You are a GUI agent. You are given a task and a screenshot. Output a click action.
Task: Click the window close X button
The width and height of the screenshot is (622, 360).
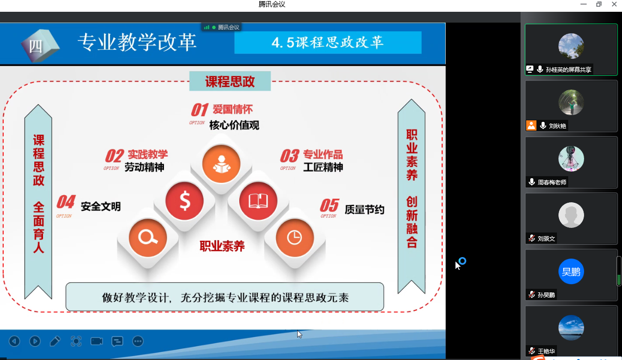[x=614, y=4]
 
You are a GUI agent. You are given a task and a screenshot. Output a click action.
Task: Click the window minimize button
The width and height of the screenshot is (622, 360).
[x=584, y=4]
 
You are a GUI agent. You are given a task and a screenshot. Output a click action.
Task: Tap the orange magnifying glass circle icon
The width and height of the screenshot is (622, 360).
[x=148, y=238]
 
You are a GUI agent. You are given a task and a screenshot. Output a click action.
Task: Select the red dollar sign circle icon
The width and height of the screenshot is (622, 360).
[x=184, y=201]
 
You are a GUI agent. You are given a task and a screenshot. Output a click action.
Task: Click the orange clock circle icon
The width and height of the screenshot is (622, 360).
[x=295, y=238]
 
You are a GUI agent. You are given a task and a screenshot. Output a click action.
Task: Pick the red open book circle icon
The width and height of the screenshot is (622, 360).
[x=258, y=201]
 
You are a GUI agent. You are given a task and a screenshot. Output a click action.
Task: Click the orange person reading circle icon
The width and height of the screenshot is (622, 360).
[x=221, y=164]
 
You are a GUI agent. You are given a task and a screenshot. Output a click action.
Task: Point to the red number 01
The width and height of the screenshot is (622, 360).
[x=199, y=110]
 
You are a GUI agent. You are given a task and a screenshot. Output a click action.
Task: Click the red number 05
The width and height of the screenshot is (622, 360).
[x=329, y=205]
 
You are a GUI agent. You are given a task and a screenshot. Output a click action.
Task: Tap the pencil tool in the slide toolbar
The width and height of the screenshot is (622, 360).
[x=55, y=341]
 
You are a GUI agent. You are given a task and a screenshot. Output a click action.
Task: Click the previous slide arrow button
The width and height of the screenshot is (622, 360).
[x=14, y=341]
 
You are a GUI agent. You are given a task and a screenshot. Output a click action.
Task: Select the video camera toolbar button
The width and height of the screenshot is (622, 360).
[x=97, y=341]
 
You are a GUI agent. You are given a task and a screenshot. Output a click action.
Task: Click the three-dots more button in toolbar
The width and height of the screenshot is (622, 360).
[x=138, y=341]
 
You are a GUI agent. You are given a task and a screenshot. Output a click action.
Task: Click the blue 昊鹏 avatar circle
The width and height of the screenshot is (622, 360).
[x=571, y=271]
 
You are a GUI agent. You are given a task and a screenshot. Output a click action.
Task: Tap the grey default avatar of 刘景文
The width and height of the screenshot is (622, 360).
[x=571, y=215]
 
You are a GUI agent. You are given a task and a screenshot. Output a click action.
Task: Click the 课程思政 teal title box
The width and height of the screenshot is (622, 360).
[x=230, y=81]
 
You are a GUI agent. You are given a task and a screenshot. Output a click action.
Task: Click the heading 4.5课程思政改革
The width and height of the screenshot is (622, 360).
[x=328, y=43]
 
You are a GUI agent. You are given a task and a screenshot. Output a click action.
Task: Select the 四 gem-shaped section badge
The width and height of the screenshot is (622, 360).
[x=40, y=45]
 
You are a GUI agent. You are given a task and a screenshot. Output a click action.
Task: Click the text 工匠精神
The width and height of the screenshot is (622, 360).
[x=323, y=167]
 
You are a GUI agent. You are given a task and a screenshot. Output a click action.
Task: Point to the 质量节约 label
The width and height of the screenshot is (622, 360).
[x=364, y=209]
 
